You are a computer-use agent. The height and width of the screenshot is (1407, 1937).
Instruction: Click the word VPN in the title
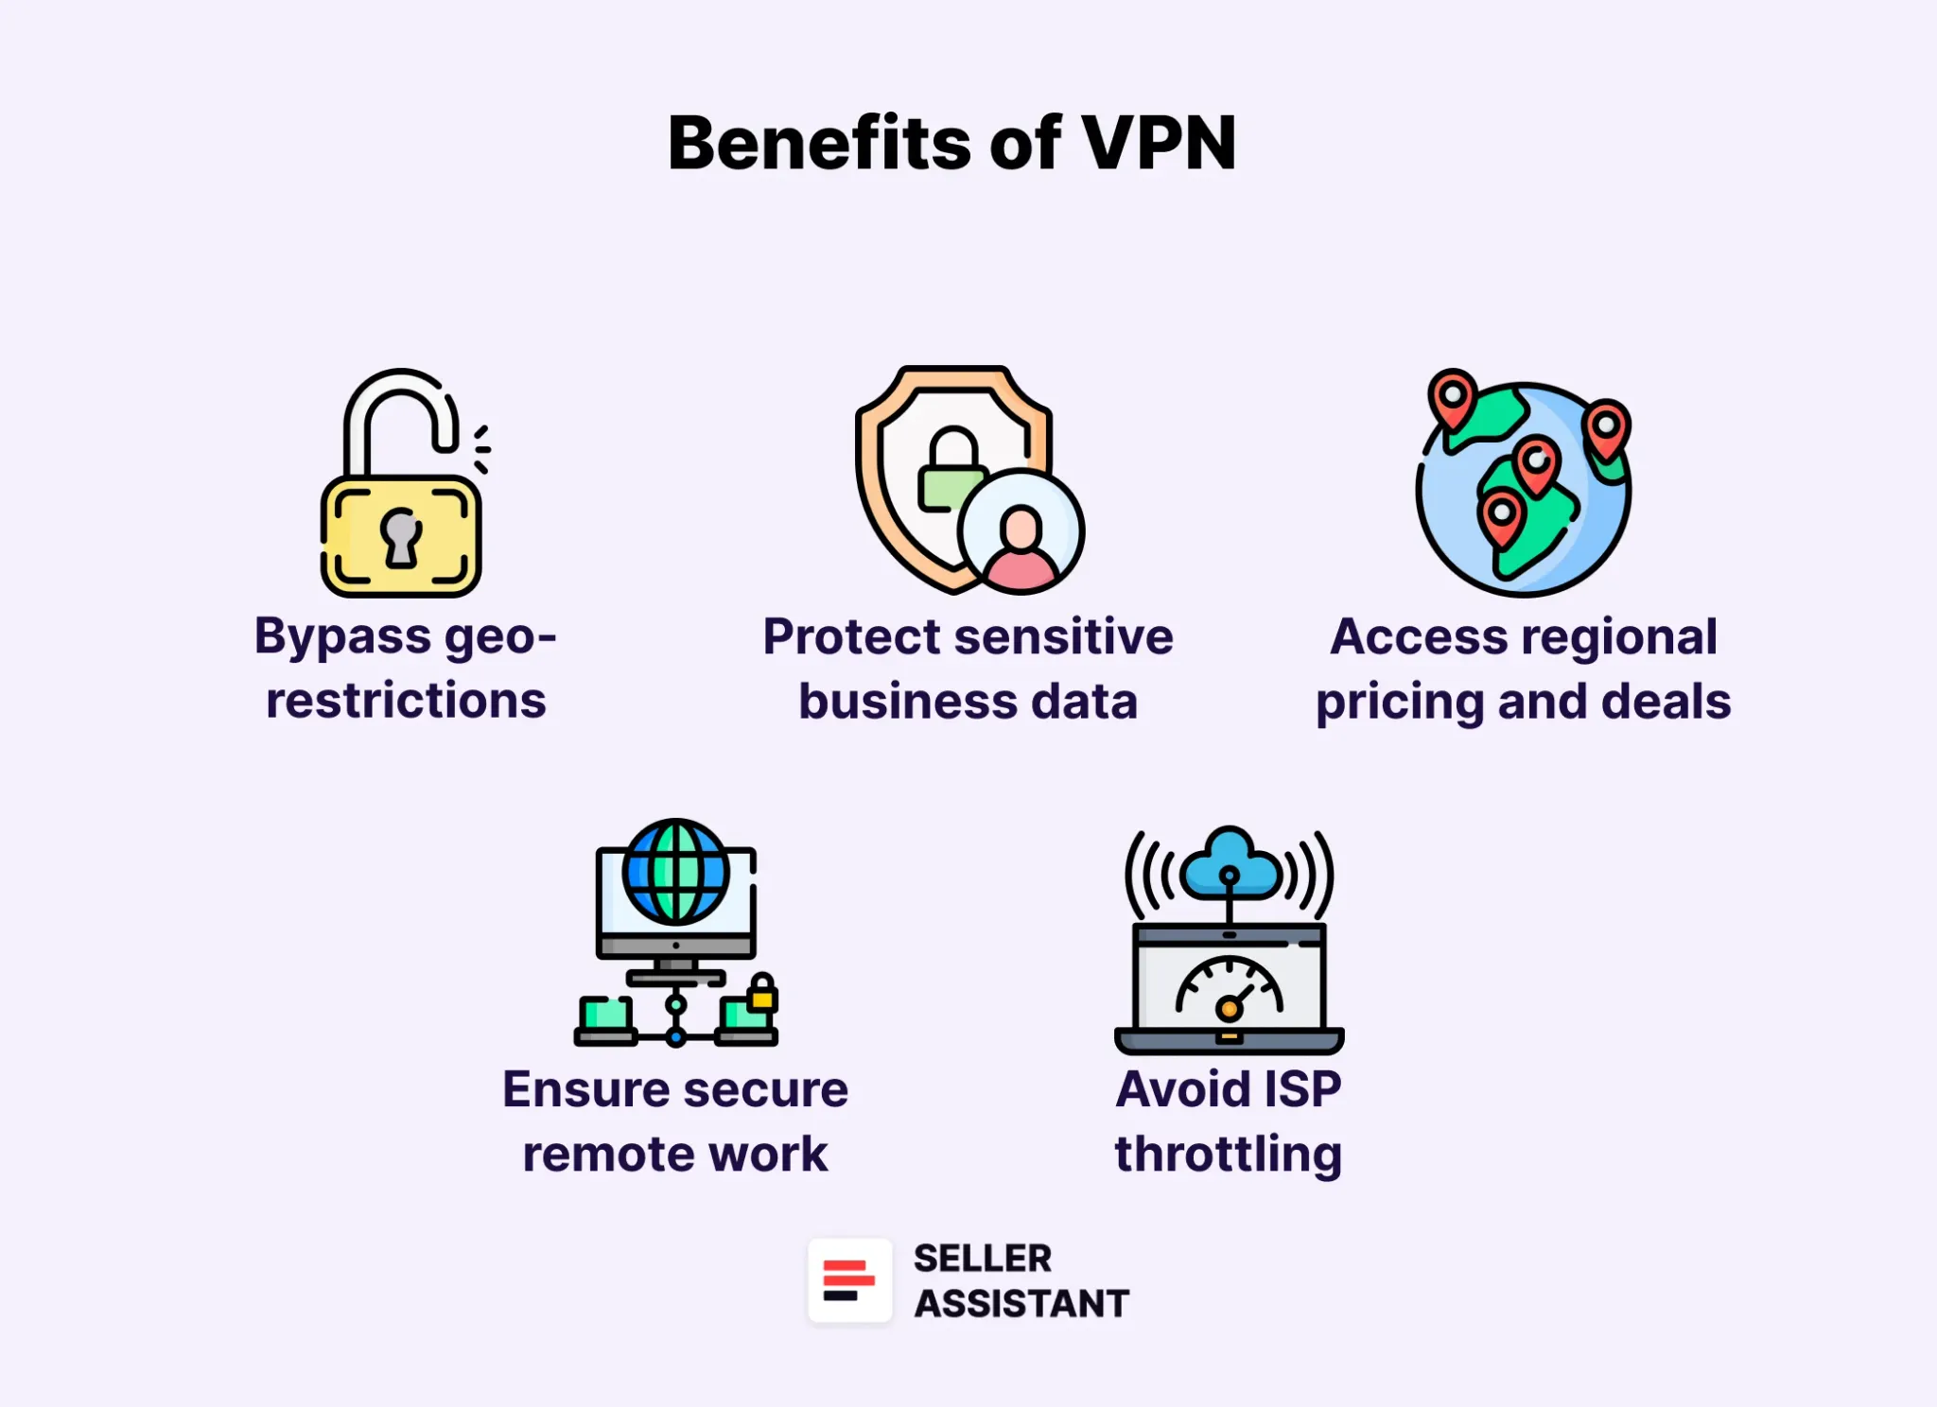click(1158, 144)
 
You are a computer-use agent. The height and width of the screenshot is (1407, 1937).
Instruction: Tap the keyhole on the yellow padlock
click(401, 537)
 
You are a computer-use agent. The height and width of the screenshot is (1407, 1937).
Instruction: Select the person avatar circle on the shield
click(1021, 531)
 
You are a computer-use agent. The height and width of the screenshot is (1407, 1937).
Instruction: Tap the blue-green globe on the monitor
click(675, 872)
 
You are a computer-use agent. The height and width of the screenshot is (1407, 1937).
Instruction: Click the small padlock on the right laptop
click(762, 993)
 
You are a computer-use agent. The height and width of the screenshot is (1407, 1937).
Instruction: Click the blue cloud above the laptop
click(1229, 864)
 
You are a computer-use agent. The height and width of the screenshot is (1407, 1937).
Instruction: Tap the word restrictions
click(406, 701)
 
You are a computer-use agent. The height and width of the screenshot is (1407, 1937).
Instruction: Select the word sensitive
click(1065, 636)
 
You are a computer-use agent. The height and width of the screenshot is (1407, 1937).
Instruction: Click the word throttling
click(1228, 1155)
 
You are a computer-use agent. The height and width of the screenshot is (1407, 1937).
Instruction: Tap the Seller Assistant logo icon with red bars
click(848, 1280)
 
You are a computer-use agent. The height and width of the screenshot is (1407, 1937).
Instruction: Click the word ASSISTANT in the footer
click(1021, 1304)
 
